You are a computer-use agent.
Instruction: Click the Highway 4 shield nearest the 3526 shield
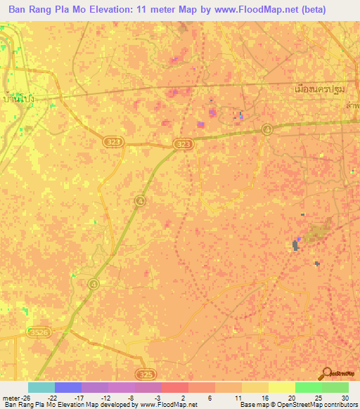click(94, 284)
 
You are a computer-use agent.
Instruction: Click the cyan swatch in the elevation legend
click(41, 387)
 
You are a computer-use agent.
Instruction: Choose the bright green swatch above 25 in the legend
click(308, 387)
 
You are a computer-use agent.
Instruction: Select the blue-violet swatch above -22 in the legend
click(68, 387)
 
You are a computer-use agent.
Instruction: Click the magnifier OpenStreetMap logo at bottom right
click(326, 374)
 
